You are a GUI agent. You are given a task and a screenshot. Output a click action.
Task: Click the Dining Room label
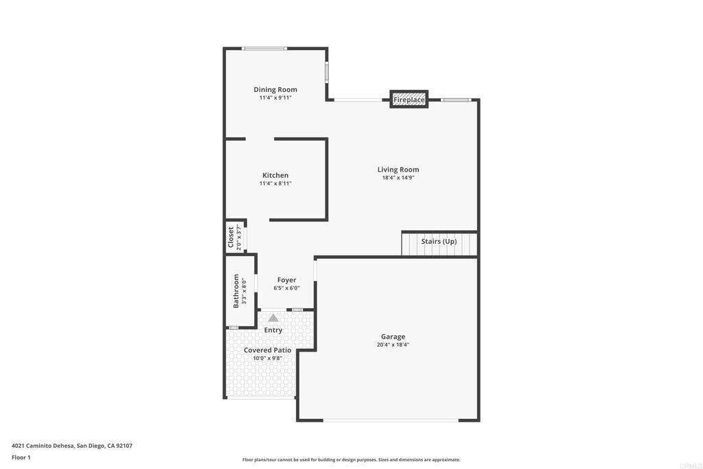275,90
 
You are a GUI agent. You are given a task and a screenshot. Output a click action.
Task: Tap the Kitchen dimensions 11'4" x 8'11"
275,183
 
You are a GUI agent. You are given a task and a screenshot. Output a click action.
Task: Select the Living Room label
398,170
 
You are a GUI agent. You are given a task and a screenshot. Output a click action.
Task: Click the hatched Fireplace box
409,100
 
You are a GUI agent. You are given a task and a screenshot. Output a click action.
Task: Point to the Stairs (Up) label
439,241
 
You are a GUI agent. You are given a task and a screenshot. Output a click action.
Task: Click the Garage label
393,336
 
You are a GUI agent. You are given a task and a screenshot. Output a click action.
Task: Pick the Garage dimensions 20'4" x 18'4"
393,345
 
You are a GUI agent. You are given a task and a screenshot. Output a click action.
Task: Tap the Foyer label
286,279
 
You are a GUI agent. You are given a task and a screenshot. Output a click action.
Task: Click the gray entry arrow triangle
273,318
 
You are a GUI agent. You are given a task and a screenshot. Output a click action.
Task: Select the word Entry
273,330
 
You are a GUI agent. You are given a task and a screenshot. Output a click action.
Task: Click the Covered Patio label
267,350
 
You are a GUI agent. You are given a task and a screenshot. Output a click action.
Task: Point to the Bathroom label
236,291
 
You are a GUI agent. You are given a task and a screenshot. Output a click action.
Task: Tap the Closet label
231,237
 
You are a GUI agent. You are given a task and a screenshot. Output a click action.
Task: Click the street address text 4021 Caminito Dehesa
43,446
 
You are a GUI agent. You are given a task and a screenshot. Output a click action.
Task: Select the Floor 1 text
21,457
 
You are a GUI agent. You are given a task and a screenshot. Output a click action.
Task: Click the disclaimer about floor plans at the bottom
351,459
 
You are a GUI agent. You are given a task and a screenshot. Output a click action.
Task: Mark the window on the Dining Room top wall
264,49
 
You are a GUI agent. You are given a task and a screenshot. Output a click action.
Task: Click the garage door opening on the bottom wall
391,420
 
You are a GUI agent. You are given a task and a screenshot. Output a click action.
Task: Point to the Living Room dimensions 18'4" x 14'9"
398,178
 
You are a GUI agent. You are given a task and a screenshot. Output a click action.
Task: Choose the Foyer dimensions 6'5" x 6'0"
286,288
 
